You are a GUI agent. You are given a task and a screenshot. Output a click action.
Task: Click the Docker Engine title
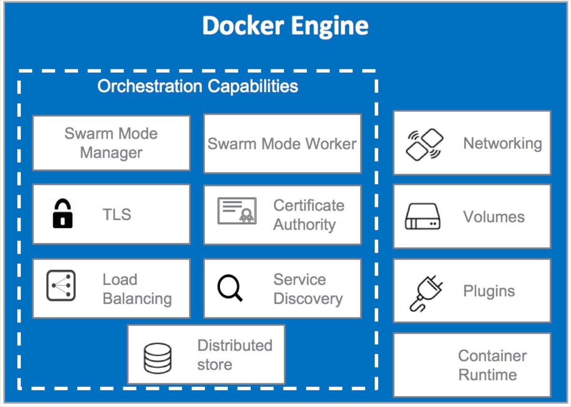(285, 26)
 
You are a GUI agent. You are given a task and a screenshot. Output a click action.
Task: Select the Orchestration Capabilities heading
(198, 86)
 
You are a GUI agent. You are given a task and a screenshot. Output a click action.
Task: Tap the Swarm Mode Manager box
(111, 143)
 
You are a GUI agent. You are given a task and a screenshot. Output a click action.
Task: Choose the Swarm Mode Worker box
(282, 143)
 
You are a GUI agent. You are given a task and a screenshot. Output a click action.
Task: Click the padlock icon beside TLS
(62, 214)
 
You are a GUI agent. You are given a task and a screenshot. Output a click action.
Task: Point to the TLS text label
(117, 215)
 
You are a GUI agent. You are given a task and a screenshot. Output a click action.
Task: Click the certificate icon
(237, 211)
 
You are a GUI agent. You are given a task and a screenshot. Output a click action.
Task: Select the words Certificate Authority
(308, 215)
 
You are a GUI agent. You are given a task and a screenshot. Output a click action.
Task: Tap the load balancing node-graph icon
(61, 286)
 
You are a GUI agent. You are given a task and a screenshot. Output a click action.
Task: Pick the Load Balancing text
(137, 289)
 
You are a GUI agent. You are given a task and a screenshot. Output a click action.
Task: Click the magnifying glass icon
(230, 288)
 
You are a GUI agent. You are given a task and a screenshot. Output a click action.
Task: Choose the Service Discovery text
(308, 289)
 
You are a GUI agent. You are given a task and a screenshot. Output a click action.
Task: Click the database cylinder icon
(158, 358)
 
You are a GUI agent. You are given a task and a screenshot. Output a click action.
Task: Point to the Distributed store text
(235, 355)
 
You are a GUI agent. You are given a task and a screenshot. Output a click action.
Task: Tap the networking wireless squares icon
(424, 144)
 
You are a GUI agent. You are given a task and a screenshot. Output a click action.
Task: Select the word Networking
(502, 143)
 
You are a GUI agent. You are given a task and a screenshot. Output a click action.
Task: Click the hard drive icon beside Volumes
(423, 217)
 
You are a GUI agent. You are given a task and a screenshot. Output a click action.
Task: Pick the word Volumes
(494, 217)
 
